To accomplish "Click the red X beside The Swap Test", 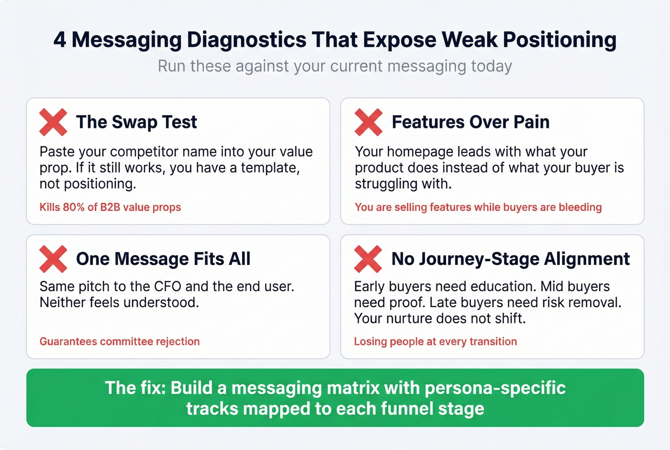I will [x=53, y=122].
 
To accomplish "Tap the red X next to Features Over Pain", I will [x=368, y=122].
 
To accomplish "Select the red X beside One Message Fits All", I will [x=53, y=259].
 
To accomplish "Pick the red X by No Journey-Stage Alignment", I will [x=368, y=259].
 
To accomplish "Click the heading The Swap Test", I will [x=136, y=122].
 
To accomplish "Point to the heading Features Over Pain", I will [x=470, y=122].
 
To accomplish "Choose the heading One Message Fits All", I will [x=163, y=259].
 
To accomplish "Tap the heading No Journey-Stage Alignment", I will [x=510, y=259].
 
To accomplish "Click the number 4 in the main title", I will [x=60, y=40].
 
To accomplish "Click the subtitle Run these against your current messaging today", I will [x=335, y=66].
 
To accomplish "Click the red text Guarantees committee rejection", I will [x=120, y=341].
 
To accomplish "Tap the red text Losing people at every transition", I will [x=435, y=341].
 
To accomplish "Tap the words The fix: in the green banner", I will [x=135, y=388].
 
